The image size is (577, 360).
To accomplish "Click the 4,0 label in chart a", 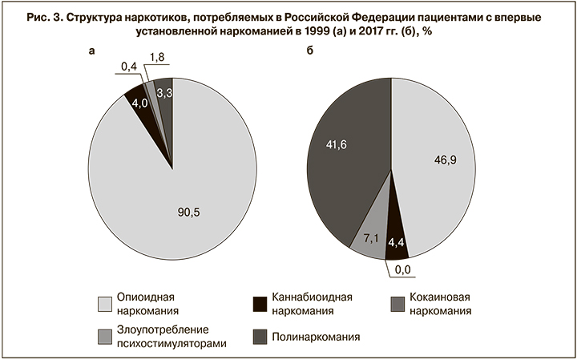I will click(140, 103).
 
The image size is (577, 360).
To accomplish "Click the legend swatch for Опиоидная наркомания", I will click(104, 304).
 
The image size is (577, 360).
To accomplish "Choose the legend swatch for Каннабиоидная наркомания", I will click(259, 304).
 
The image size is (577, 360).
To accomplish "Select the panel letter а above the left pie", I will click(92, 51).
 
